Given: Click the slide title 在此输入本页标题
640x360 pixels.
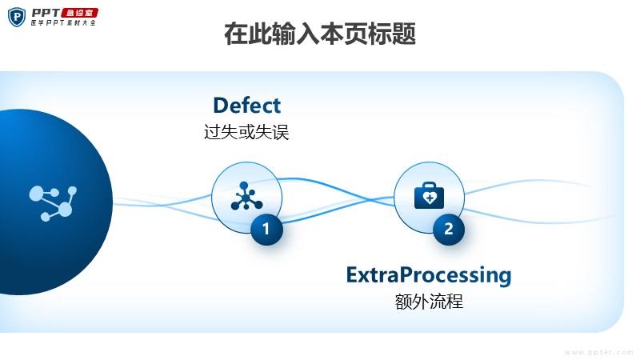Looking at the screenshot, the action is pyautogui.click(x=320, y=34).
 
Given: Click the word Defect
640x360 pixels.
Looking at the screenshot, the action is pyautogui.click(x=247, y=106).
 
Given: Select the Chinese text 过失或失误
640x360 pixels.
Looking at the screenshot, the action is pyautogui.click(x=246, y=132).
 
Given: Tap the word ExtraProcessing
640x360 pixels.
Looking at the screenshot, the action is pyautogui.click(x=429, y=275).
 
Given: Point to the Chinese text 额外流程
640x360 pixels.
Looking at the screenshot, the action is pyautogui.click(x=429, y=302).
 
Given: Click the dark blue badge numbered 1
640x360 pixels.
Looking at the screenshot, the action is pyautogui.click(x=266, y=229).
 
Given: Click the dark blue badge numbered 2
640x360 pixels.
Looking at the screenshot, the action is pyautogui.click(x=449, y=229).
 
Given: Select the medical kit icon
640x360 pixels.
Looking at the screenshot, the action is pyautogui.click(x=429, y=196).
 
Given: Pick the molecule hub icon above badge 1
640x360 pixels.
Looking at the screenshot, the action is pyautogui.click(x=246, y=196).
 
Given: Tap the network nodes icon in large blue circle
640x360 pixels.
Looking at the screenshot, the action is pyautogui.click(x=53, y=203).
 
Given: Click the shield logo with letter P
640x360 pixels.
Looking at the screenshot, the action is pyautogui.click(x=17, y=17).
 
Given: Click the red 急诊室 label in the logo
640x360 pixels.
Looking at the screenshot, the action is pyautogui.click(x=79, y=13).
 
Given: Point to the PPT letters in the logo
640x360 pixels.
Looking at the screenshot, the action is pyautogui.click(x=46, y=13).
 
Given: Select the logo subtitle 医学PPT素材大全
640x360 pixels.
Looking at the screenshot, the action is pyautogui.click(x=63, y=23).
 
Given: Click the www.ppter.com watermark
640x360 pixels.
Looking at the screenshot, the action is pyautogui.click(x=598, y=352).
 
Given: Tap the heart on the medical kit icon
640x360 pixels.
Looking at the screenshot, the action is pyautogui.click(x=430, y=198).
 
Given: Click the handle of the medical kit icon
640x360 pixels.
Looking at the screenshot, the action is pyautogui.click(x=429, y=185).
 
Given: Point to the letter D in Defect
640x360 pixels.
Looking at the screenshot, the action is pyautogui.click(x=221, y=106).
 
